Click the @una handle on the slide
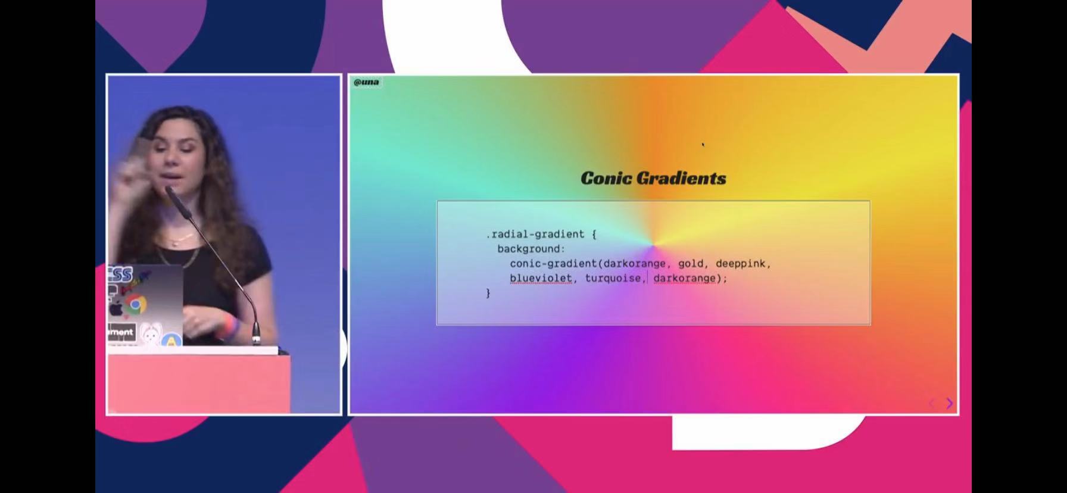[x=366, y=82]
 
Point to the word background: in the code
[x=531, y=249]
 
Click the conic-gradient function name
[x=554, y=264]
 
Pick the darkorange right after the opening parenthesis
[x=634, y=264]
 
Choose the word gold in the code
[x=691, y=264]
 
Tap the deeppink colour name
[x=741, y=264]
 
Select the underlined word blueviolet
[x=541, y=278]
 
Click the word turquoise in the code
[x=613, y=278]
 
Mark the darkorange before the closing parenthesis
[x=684, y=278]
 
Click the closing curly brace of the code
[x=488, y=293]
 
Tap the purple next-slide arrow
[x=950, y=403]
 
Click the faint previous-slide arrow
[x=932, y=403]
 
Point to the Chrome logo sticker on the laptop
[x=135, y=304]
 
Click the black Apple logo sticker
[x=116, y=308]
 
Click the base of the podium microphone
[x=256, y=340]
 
